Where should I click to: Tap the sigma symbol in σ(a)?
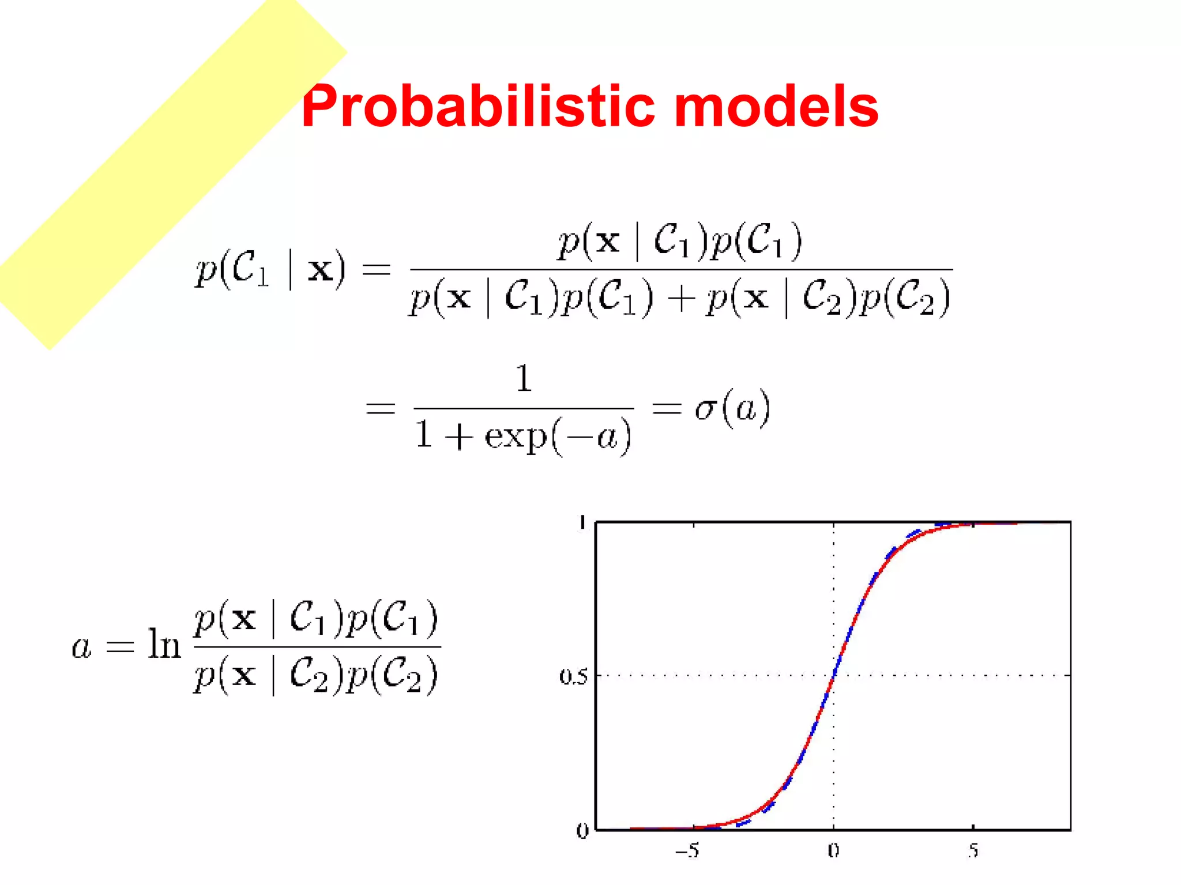pos(705,410)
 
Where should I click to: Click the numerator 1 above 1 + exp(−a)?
pos(523,379)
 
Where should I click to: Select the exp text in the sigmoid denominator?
pos(515,437)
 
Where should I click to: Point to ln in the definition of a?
pos(164,644)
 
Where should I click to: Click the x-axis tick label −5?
pos(688,850)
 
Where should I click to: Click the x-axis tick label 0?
pos(833,850)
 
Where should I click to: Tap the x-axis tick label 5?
pos(973,850)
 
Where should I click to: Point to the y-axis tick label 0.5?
pos(573,676)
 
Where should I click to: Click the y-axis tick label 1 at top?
pos(583,523)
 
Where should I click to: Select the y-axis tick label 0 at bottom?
pos(582,831)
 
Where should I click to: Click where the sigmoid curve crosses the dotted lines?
pos(834,675)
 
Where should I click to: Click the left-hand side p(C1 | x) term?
pos(270,269)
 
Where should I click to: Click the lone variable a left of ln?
pos(82,647)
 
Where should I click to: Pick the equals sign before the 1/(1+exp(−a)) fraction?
pos(381,409)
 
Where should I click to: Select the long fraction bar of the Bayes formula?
pos(680,269)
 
